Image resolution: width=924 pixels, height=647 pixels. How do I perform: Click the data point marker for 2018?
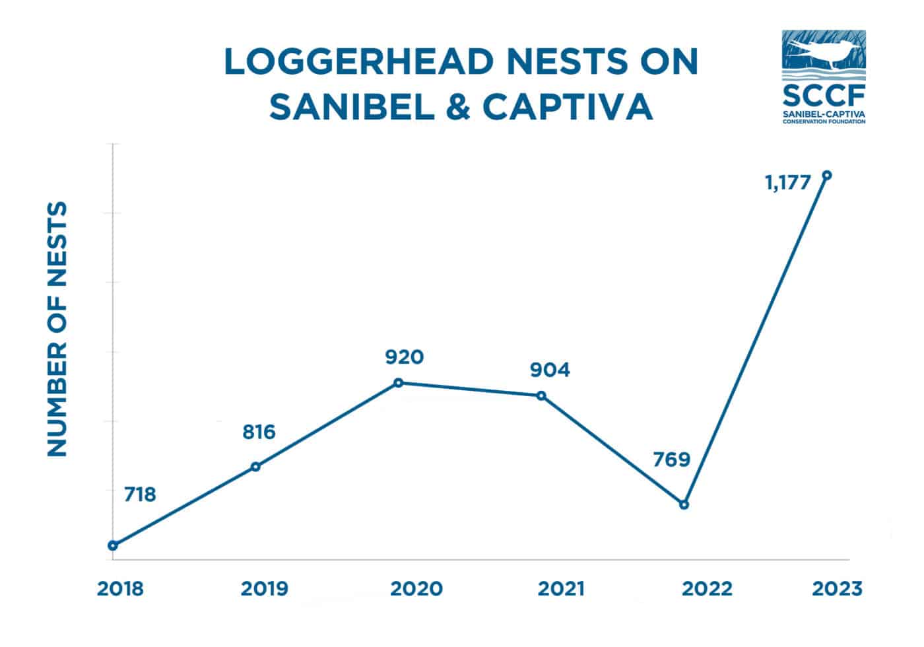coord(113,545)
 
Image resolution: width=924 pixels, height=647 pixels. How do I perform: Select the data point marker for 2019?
coord(256,467)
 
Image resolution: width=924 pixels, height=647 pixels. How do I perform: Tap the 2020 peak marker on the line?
coord(398,383)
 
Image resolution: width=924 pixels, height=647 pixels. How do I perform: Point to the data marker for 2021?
coord(541,395)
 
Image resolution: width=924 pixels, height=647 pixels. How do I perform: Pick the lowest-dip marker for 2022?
coord(684,504)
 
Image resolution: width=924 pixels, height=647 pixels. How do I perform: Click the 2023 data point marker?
coord(827,175)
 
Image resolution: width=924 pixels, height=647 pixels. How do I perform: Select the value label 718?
coord(140,494)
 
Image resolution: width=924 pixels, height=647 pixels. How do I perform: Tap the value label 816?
coord(258,432)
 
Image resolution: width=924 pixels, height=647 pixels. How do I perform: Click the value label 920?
coord(404,358)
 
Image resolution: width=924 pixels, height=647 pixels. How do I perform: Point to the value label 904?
coord(550,370)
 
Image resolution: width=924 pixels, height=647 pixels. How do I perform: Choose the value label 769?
coord(671,460)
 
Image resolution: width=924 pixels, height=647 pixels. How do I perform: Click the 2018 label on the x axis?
coord(120,589)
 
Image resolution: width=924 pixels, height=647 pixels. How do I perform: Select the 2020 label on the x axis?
coord(416,589)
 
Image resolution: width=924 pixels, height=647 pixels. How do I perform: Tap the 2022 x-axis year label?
coord(706,589)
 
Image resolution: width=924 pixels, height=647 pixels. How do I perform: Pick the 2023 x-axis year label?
coord(836,589)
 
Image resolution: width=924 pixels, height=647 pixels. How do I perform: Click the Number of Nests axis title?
coord(58,329)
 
